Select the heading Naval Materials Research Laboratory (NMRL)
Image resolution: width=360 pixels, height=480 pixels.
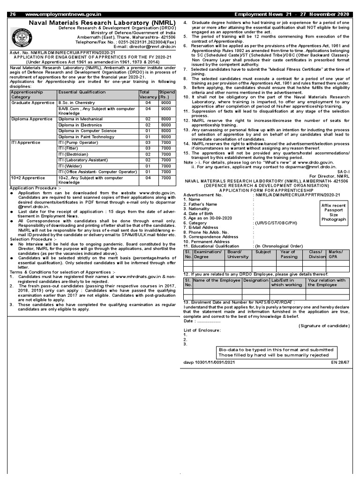[102, 22]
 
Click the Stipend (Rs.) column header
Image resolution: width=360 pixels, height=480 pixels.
[166, 95]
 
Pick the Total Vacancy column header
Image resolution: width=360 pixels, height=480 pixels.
[148, 95]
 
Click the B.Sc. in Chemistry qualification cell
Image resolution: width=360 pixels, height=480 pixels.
[76, 103]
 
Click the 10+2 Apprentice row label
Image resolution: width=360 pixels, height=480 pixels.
[28, 178]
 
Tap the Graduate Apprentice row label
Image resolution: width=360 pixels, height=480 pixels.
[33, 103]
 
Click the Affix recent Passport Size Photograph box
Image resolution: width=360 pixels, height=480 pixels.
[333, 212]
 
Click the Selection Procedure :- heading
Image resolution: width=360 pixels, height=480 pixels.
[33, 239]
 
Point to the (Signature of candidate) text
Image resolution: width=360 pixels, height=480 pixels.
[323, 326]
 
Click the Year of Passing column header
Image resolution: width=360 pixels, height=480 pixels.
[288, 255]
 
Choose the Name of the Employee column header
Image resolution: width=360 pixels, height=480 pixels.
[217, 280]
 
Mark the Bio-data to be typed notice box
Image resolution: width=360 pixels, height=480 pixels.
[276, 352]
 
